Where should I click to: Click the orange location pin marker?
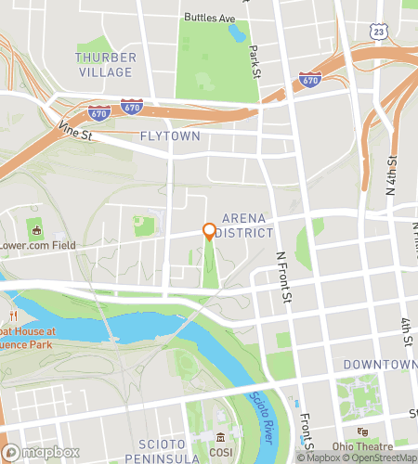pyautogui.click(x=209, y=231)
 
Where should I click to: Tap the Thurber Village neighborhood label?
pyautogui.click(x=106, y=64)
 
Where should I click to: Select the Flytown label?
pyautogui.click(x=169, y=135)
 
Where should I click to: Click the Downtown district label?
pyautogui.click(x=379, y=365)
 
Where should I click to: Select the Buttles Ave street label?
pyautogui.click(x=210, y=18)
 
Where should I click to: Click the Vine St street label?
pyautogui.click(x=76, y=134)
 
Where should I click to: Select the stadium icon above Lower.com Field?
pyautogui.click(x=37, y=228)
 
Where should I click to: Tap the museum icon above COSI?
pyautogui.click(x=220, y=437)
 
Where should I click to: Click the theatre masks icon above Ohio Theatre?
pyautogui.click(x=365, y=432)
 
